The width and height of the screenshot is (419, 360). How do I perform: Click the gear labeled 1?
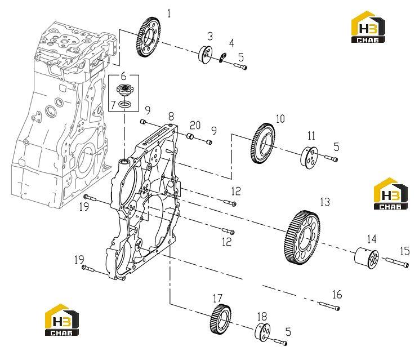[x=149, y=37]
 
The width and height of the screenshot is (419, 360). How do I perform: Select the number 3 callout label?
[x=210, y=37]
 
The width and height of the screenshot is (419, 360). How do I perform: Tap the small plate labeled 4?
[x=222, y=58]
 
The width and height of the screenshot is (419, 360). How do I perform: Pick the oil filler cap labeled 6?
[x=123, y=90]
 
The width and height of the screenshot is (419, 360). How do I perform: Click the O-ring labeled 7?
[x=124, y=104]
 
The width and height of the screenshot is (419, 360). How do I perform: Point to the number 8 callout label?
[x=171, y=116]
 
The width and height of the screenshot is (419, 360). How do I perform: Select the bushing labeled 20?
[x=190, y=136]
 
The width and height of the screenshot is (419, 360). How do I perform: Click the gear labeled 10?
[x=263, y=143]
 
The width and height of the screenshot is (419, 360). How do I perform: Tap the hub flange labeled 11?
[x=310, y=158]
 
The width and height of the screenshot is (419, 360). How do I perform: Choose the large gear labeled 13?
[x=301, y=237]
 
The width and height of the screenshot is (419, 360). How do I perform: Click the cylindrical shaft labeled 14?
[x=367, y=258]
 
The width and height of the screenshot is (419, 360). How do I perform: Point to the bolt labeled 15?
[x=397, y=262]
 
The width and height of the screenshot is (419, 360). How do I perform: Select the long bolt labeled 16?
[x=329, y=306]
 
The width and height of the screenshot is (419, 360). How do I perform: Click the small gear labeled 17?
[x=220, y=319]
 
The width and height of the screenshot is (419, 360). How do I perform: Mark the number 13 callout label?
[x=325, y=202]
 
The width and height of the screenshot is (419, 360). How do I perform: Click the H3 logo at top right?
[x=368, y=26]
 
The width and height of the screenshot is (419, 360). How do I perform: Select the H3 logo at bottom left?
[x=62, y=319]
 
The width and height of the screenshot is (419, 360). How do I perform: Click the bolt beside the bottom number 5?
[x=280, y=342]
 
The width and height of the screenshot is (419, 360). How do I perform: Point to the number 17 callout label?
[x=218, y=298]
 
